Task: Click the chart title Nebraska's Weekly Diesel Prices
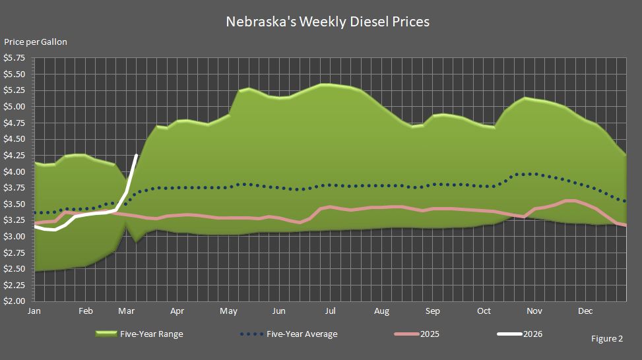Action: pos(327,22)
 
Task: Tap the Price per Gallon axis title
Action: pos(36,42)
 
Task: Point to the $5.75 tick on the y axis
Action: pos(15,58)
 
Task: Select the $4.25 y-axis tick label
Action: pos(15,156)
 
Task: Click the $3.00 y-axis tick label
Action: pos(15,237)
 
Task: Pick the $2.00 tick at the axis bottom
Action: pos(15,301)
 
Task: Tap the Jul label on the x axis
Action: pos(330,311)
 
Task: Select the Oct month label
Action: pos(484,311)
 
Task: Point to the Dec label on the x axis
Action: pos(585,311)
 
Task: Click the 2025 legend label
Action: pos(429,334)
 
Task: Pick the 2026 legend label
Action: pos(532,334)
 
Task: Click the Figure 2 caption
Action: pos(607,339)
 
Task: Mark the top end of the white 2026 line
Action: pos(137,155)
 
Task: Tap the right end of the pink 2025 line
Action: pos(625,225)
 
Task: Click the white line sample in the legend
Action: pos(509,334)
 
